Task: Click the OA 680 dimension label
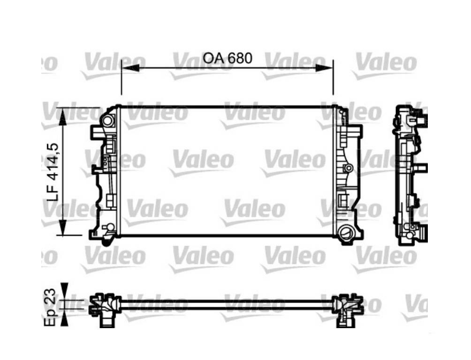(228, 58)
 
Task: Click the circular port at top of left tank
(108, 120)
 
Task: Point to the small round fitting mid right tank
(348, 168)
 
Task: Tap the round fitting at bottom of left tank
(109, 228)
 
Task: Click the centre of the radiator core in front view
(227, 172)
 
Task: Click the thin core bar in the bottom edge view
(227, 304)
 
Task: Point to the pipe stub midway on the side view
(422, 167)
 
